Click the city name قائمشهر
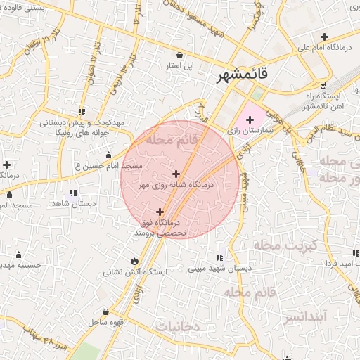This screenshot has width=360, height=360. (241, 74)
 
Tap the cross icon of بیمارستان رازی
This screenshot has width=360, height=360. (250, 120)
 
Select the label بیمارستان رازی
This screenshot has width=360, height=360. (245, 131)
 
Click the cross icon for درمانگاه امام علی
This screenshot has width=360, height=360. (324, 37)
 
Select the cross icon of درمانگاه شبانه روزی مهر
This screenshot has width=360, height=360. (175, 174)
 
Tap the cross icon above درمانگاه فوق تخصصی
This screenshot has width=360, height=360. (160, 211)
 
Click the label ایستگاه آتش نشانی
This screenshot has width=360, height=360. (134, 271)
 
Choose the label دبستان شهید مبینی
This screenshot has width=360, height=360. (219, 269)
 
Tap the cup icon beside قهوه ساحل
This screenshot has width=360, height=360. (105, 311)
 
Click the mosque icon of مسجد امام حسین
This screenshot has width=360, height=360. (108, 155)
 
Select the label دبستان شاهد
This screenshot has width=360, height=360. (73, 203)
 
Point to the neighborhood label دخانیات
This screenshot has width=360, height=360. (179, 326)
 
